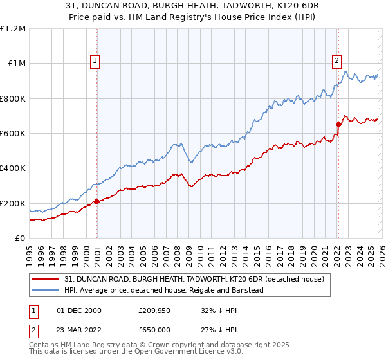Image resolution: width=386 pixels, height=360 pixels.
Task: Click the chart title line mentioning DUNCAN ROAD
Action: click(192, 5)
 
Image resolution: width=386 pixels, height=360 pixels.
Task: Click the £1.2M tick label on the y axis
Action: click(13, 29)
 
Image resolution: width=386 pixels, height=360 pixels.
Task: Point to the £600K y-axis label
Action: click(13, 134)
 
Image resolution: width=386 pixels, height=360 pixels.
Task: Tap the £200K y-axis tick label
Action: click(13, 203)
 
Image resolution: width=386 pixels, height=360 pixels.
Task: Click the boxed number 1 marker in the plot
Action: click(95, 61)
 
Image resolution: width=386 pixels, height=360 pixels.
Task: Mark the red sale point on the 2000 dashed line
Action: click(96, 201)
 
